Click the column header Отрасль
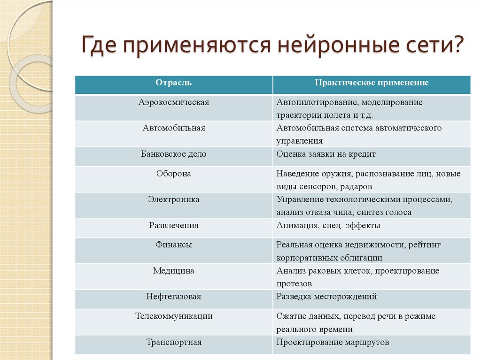pos(174,83)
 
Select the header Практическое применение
pos(371,83)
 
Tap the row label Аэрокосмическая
pos(174,102)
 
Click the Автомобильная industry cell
pos(174,128)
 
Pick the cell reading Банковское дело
pos(174,154)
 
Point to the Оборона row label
pos(174,174)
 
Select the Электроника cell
pos(174,199)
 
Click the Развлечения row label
pos(174,226)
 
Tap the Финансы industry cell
pos(174,245)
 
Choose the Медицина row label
pos(174,271)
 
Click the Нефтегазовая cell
pos(174,297)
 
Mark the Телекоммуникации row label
pos(174,316)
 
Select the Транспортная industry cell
pos(174,342)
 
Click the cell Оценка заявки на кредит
pos(326,154)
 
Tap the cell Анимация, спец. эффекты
pos(328,226)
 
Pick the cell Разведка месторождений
pos(326,297)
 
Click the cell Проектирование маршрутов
pos(333,342)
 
